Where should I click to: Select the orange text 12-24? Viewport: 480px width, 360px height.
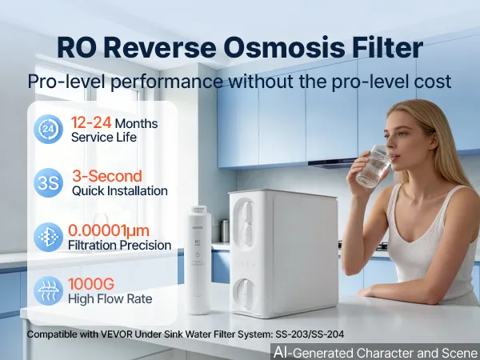(x=91, y=122)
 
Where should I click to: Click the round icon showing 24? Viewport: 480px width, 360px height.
(x=48, y=129)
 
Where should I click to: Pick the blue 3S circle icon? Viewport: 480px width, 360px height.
(x=48, y=182)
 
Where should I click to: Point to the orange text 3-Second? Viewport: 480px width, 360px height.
(x=107, y=176)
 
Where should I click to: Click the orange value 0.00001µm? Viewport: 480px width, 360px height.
(x=109, y=230)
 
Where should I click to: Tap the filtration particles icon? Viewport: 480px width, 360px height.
(x=48, y=238)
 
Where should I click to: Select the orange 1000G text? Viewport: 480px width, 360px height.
(x=91, y=284)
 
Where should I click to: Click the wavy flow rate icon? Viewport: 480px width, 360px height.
(x=48, y=291)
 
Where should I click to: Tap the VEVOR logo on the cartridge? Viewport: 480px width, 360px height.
(x=198, y=227)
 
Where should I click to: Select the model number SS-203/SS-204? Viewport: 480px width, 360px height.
(x=310, y=334)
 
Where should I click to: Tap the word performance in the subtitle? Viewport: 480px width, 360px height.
(x=166, y=82)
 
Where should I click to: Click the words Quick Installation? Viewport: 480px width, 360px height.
(x=120, y=190)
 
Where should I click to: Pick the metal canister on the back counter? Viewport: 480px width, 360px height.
(x=225, y=231)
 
